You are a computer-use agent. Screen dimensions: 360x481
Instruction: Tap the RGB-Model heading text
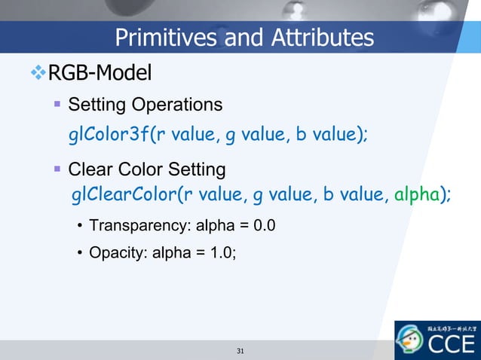pyautogui.click(x=100, y=73)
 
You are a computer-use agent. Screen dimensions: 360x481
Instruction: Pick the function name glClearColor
pyautogui.click(x=123, y=196)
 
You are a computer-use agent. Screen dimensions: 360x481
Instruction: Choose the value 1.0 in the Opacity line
pyautogui.click(x=219, y=252)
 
